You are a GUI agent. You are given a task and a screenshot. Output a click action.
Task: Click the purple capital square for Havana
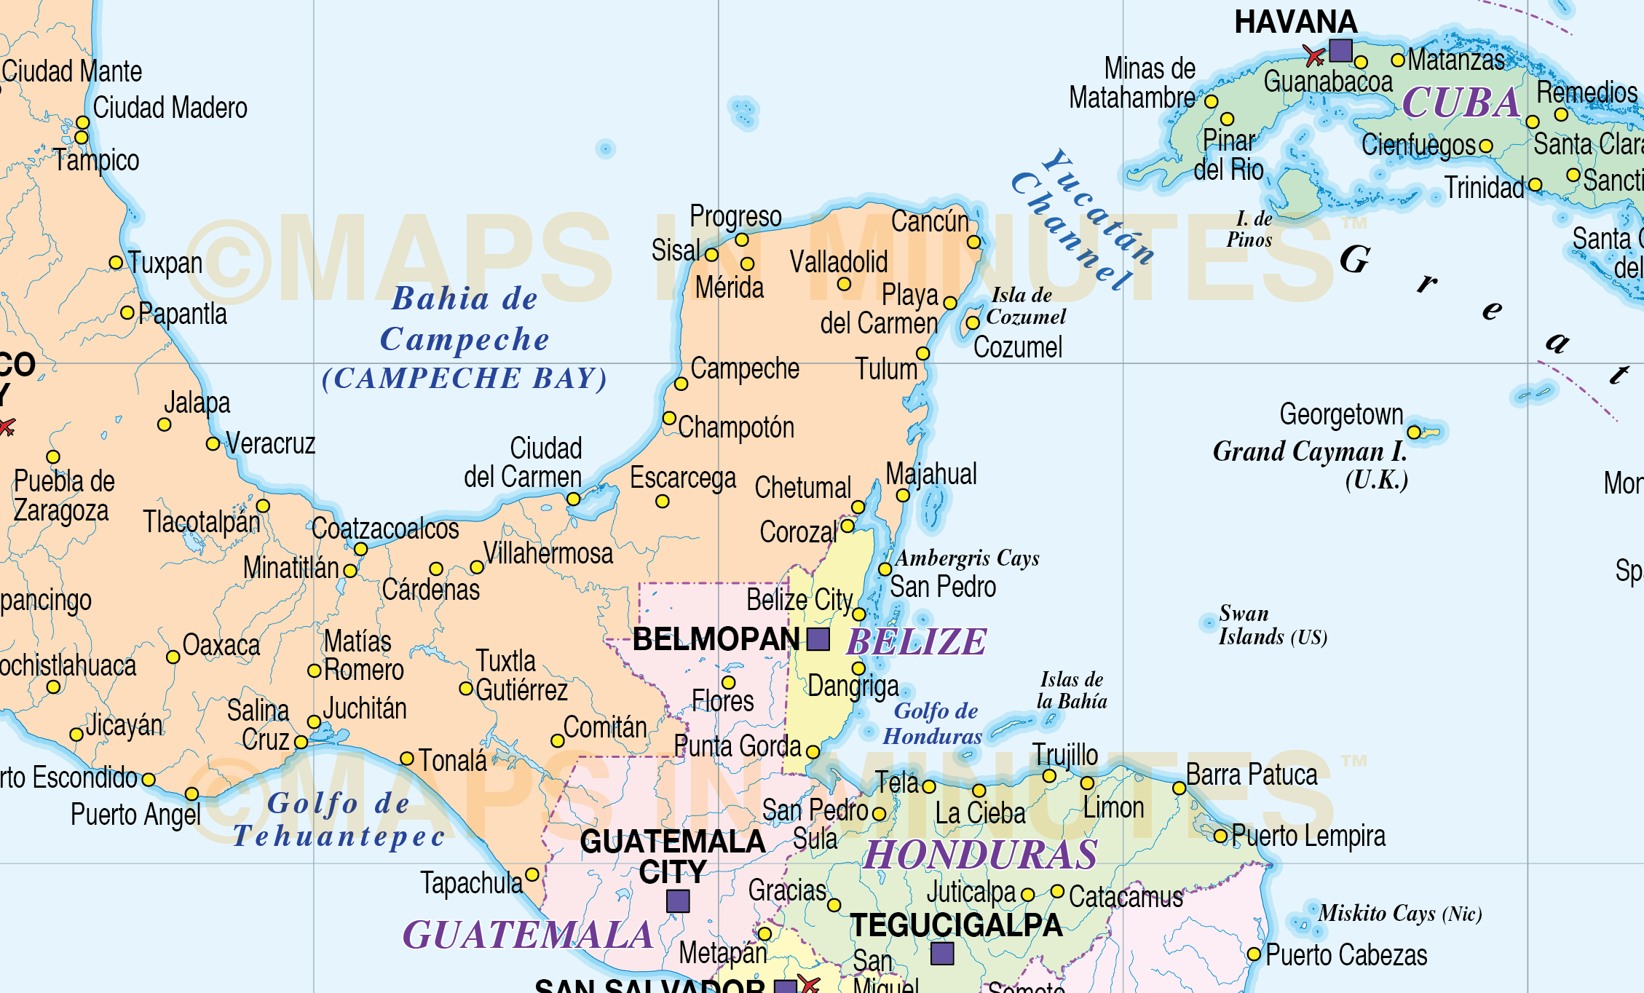click(x=1340, y=50)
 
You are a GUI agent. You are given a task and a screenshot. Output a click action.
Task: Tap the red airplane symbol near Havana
click(x=1314, y=55)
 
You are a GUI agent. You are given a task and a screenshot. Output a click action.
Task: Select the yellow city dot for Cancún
click(x=974, y=242)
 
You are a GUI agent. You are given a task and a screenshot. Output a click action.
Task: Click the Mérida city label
click(x=729, y=288)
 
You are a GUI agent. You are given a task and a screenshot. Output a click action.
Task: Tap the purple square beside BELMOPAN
click(x=818, y=639)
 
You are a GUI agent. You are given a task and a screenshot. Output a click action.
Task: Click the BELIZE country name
click(x=916, y=642)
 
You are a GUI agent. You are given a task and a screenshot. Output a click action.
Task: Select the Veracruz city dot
click(x=213, y=443)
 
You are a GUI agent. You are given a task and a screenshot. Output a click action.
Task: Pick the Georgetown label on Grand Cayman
click(x=1341, y=414)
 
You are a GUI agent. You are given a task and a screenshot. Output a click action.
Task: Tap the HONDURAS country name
click(x=981, y=855)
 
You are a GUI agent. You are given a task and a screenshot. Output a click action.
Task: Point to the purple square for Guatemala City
click(x=678, y=901)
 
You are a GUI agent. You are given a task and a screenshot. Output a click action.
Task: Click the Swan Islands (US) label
click(x=1272, y=625)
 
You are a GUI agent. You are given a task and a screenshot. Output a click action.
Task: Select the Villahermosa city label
click(x=548, y=553)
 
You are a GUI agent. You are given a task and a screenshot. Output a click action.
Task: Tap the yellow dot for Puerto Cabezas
click(x=1254, y=954)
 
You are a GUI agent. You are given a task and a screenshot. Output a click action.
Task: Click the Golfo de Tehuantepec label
click(x=339, y=820)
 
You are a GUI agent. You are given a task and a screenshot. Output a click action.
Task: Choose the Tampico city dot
click(x=82, y=138)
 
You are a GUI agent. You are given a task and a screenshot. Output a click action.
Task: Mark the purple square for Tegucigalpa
click(x=942, y=953)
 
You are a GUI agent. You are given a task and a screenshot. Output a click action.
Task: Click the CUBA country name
click(x=1461, y=103)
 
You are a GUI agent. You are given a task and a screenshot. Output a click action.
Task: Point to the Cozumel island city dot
click(x=973, y=323)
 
